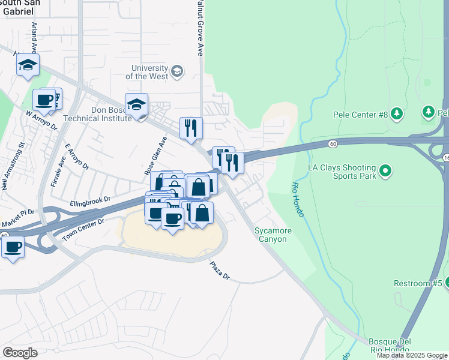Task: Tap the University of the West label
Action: pyautogui.click(x=146, y=72)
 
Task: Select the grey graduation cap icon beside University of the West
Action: pyautogui.click(x=176, y=72)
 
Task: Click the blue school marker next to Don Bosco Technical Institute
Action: pyautogui.click(x=137, y=104)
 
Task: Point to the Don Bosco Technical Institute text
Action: pyautogui.click(x=110, y=114)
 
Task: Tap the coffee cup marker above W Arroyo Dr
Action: pyautogui.click(x=44, y=100)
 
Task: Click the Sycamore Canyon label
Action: pyautogui.click(x=271, y=235)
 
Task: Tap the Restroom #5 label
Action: pyautogui.click(x=418, y=283)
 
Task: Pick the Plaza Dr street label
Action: pyautogui.click(x=219, y=270)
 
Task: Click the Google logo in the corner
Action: pyautogui.click(x=20, y=352)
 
